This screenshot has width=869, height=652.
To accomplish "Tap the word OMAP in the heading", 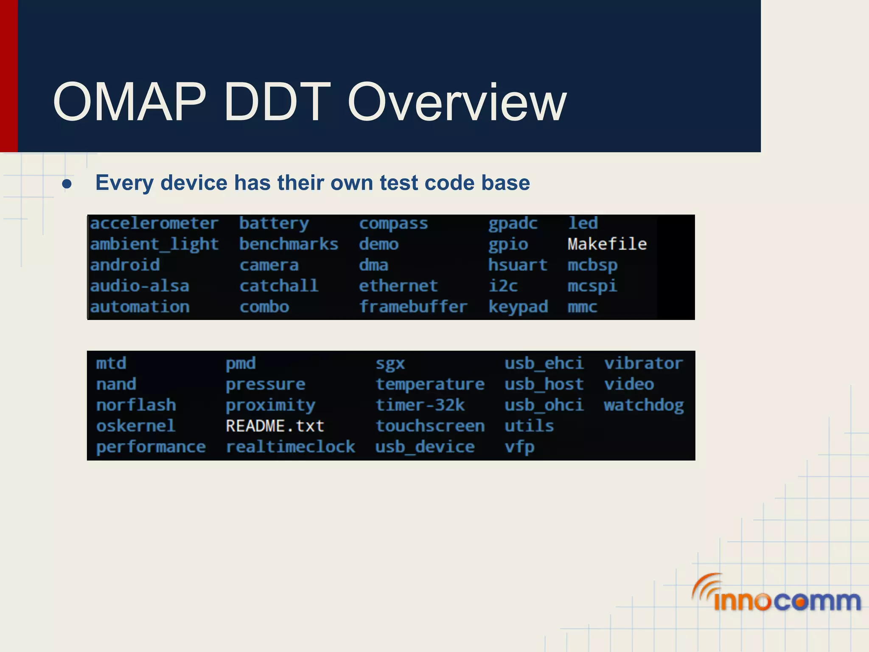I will (129, 103).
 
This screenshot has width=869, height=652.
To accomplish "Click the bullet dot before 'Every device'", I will (67, 184).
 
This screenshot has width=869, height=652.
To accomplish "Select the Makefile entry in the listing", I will (607, 244).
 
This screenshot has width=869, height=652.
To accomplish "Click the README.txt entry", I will (275, 426).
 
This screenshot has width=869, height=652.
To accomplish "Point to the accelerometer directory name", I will (154, 223).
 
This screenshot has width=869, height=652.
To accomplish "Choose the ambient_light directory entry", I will (154, 244).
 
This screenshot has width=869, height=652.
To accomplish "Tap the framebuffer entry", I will (413, 306).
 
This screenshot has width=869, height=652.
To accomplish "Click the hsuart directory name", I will (517, 265).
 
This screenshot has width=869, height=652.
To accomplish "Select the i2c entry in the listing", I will (503, 286).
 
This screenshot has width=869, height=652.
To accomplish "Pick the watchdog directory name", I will (643, 405).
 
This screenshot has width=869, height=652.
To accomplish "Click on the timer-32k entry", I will (420, 405).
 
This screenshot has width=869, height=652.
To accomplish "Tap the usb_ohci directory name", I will (544, 405).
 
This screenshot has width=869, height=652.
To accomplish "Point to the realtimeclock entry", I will (290, 447).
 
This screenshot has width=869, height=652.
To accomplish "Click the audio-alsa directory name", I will (139, 286).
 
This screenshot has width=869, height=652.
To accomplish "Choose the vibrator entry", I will (643, 363).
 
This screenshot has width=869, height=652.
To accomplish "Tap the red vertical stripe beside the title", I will (8, 76).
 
